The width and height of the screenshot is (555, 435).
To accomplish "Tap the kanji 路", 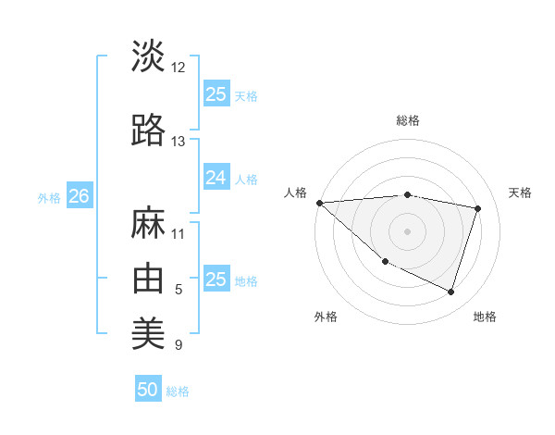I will pyautogui.click(x=148, y=130).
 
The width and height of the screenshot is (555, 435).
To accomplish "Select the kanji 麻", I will pyautogui.click(x=148, y=222).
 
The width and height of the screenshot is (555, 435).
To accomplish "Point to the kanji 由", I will pyautogui.click(x=148, y=278).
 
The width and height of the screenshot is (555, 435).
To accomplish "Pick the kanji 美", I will pyautogui.click(x=148, y=332).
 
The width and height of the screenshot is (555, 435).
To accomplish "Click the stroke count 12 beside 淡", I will pyautogui.click(x=179, y=68).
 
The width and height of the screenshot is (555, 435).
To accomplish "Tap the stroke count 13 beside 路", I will pyautogui.click(x=179, y=142).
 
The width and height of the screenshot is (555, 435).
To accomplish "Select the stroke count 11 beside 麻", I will pyautogui.click(x=179, y=233).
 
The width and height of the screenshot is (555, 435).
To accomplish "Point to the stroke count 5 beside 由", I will pyautogui.click(x=179, y=290).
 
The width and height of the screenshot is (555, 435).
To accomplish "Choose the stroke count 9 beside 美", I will pyautogui.click(x=179, y=345).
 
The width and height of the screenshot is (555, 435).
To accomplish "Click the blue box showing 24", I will pyautogui.click(x=216, y=177).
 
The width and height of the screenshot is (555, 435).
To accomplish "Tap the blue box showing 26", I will pyautogui.click(x=79, y=196).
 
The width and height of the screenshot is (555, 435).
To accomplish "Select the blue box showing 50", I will pyautogui.click(x=148, y=390).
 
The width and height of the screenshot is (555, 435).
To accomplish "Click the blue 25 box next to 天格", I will pyautogui.click(x=216, y=93).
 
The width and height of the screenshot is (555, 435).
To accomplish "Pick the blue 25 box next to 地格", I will pyautogui.click(x=216, y=279).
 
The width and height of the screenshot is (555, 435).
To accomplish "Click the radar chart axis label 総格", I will pyautogui.click(x=407, y=120).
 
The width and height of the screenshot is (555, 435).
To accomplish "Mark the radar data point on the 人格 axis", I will pyautogui.click(x=319, y=203).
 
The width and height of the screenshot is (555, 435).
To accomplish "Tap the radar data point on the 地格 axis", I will pyautogui.click(x=450, y=292).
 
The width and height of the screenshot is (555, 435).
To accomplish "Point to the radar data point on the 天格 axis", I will pyautogui.click(x=477, y=208).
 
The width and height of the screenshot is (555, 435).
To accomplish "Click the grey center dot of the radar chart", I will pyautogui.click(x=407, y=230).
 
